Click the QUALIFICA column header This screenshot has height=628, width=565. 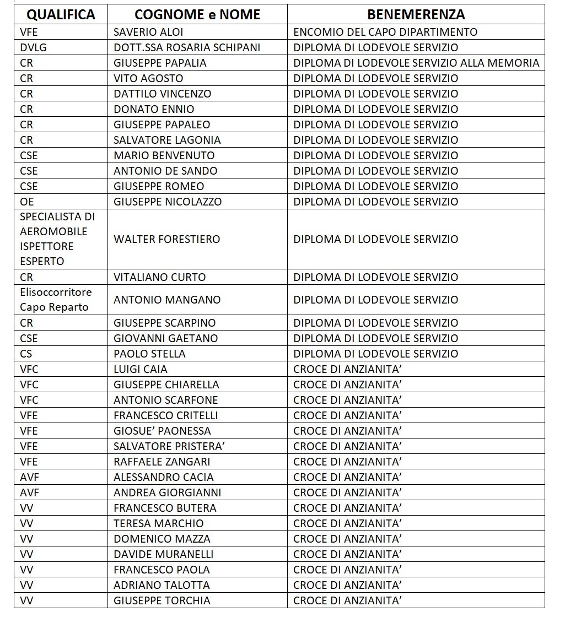[61, 15]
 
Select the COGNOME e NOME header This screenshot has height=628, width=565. [197, 15]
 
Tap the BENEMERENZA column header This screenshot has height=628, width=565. [416, 15]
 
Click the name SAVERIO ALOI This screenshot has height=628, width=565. [148, 32]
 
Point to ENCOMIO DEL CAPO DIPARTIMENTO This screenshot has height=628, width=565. [385, 32]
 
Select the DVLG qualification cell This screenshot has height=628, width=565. [33, 47]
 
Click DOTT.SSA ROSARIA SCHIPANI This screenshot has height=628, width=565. [187, 47]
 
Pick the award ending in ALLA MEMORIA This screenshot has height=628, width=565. [416, 63]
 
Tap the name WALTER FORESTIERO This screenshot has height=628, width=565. [166, 239]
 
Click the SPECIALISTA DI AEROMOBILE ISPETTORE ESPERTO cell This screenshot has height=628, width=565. [57, 239]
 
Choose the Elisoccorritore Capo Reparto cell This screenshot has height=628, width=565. [56, 300]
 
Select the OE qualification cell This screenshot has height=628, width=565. [27, 202]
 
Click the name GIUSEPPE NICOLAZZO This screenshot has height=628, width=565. [168, 202]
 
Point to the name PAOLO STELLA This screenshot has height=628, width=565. [149, 354]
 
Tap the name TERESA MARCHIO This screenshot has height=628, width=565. [158, 523]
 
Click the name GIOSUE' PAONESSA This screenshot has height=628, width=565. [162, 431]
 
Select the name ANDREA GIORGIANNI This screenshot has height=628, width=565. [167, 492]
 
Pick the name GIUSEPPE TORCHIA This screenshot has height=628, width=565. [162, 600]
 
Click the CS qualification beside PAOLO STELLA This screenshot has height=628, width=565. [26, 354]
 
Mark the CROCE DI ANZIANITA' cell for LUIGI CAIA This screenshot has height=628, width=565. [347, 369]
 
